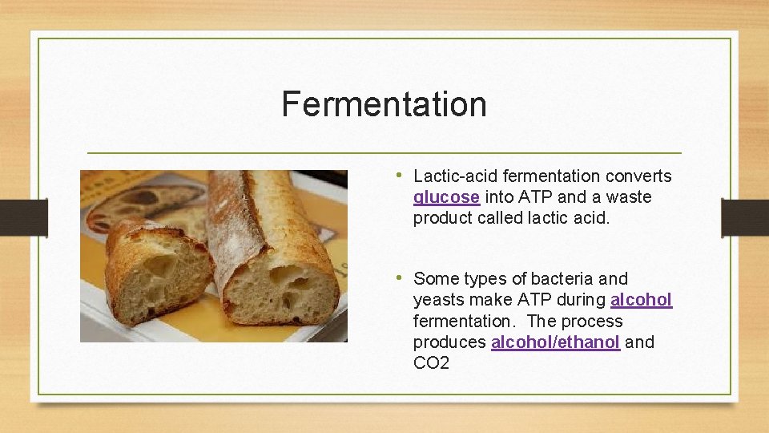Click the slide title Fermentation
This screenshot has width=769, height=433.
384,104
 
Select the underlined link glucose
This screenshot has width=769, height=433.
446,197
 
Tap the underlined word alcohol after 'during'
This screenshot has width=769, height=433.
641,300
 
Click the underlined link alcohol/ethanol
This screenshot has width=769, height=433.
555,342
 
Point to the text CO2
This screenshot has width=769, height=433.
431,363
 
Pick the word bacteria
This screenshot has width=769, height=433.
561,279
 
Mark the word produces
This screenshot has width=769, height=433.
449,342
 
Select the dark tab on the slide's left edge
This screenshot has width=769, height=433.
14,217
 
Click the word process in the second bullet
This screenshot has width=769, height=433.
594,322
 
